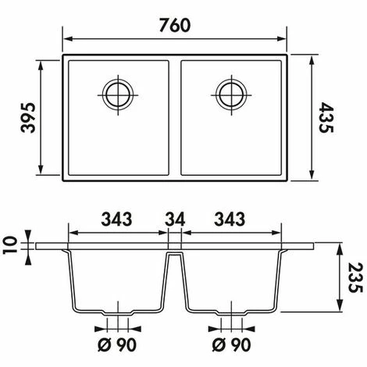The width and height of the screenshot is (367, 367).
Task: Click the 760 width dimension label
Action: click(x=175, y=25)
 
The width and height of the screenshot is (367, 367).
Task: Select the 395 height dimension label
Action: click(x=28, y=118)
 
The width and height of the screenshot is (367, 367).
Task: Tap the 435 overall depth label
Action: click(x=326, y=118)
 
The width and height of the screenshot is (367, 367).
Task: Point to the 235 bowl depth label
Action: click(x=355, y=278)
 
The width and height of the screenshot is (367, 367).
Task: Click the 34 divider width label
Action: click(x=175, y=219)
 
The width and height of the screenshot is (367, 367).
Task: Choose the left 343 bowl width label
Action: click(x=116, y=219)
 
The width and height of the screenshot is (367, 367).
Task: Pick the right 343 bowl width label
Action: click(x=230, y=219)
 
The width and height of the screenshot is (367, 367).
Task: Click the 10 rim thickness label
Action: click(x=10, y=245)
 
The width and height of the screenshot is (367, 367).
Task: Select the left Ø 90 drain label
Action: click(x=117, y=345)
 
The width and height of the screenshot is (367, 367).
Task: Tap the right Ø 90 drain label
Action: click(x=232, y=345)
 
